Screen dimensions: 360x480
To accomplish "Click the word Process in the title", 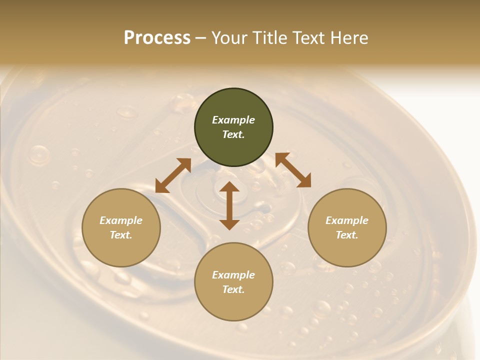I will pos(157,38).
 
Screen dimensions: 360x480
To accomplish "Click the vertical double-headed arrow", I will pos(229,205).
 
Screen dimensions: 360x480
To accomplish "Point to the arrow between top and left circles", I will pos(173,176).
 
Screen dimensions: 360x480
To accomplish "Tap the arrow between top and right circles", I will pos(293,170).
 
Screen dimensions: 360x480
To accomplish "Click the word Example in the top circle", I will pos(233,120).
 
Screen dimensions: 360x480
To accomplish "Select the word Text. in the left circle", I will pos(121,235).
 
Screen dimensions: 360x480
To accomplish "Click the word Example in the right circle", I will pos(347,220).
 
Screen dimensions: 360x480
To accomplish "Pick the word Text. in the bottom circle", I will pos(233,289).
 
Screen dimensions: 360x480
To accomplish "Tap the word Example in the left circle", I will pos(121,220).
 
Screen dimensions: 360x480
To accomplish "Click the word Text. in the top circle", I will pos(233,134).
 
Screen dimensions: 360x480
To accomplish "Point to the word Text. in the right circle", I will pos(347,235).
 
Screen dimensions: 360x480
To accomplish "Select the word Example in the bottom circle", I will pos(233,275).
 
